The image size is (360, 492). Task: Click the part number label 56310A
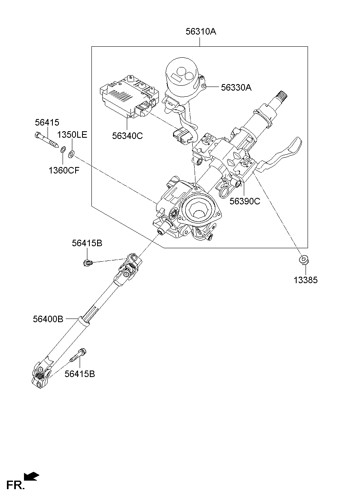201,31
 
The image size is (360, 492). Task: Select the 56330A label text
236,87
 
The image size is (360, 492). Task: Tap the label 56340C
128,136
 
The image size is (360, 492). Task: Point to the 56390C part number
245,201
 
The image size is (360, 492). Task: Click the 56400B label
48,319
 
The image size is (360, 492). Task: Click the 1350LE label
72,135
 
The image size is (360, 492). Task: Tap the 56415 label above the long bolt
47,122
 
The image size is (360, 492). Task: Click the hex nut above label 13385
304,259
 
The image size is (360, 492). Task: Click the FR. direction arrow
32,476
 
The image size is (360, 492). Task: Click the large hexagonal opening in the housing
199,211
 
